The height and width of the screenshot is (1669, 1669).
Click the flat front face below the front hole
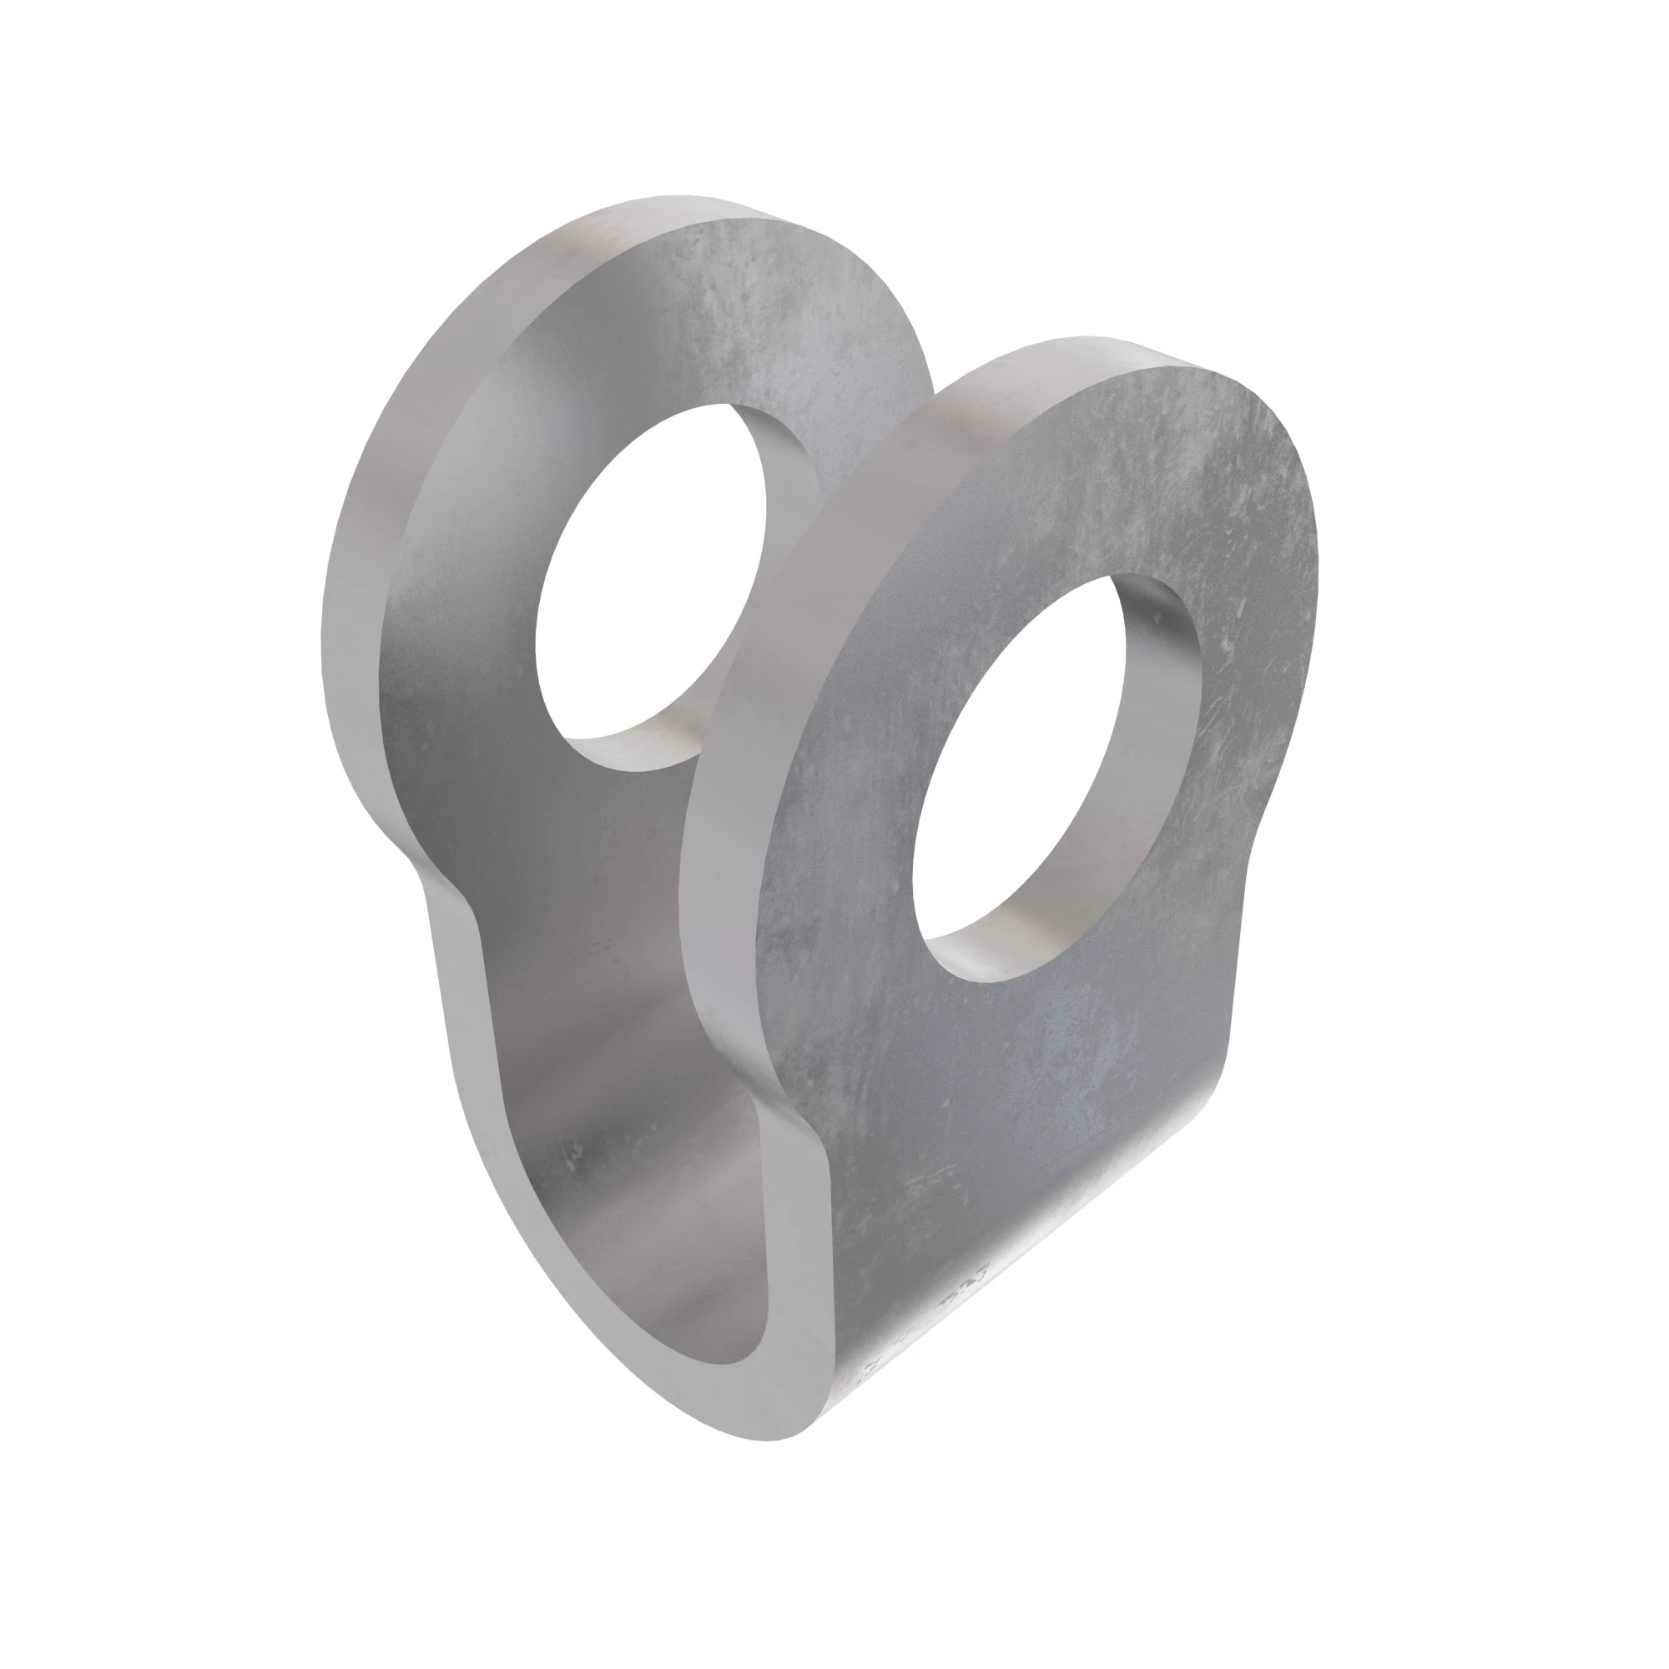click(x=993, y=1123)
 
